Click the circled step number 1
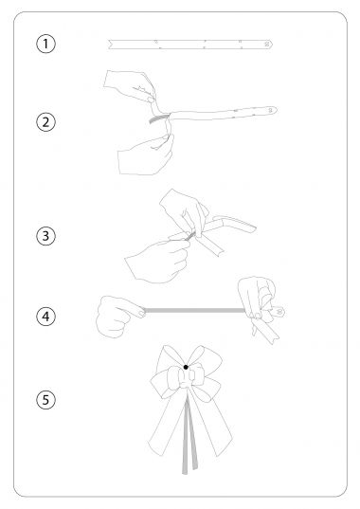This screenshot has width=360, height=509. click(45, 44)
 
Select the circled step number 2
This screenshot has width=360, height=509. click(45, 122)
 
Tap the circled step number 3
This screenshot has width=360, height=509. click(45, 236)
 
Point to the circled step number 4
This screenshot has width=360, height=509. click(45, 317)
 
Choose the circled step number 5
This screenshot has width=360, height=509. click(45, 400)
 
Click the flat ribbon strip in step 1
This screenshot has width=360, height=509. click(190, 45)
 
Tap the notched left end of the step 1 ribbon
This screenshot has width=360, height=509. click(110, 45)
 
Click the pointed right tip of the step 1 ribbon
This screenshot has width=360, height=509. click(273, 45)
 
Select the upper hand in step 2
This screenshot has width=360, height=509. click(130, 86)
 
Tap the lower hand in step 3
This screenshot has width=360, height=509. click(158, 262)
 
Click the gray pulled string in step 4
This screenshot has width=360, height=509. click(194, 311)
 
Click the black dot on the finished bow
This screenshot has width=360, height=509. click(186, 367)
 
